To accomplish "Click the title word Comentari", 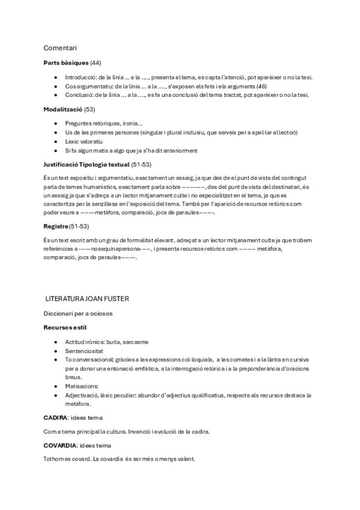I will coord(59,48).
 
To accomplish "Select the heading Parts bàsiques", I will coord(66,63).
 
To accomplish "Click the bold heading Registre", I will coord(56,226).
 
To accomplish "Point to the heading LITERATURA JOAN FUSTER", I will coord(88,298).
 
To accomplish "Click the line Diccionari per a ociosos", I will coord(78,313).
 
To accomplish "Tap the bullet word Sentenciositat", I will coord(85,351).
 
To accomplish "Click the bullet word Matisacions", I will coord(81,386).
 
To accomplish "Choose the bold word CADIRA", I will coord(55,417).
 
